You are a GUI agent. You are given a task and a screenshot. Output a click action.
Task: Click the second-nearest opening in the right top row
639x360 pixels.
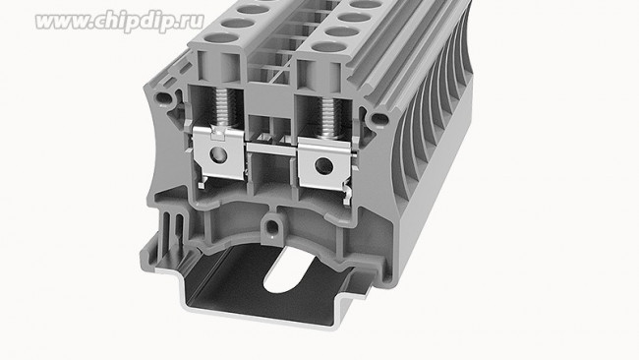coord(339,30)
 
